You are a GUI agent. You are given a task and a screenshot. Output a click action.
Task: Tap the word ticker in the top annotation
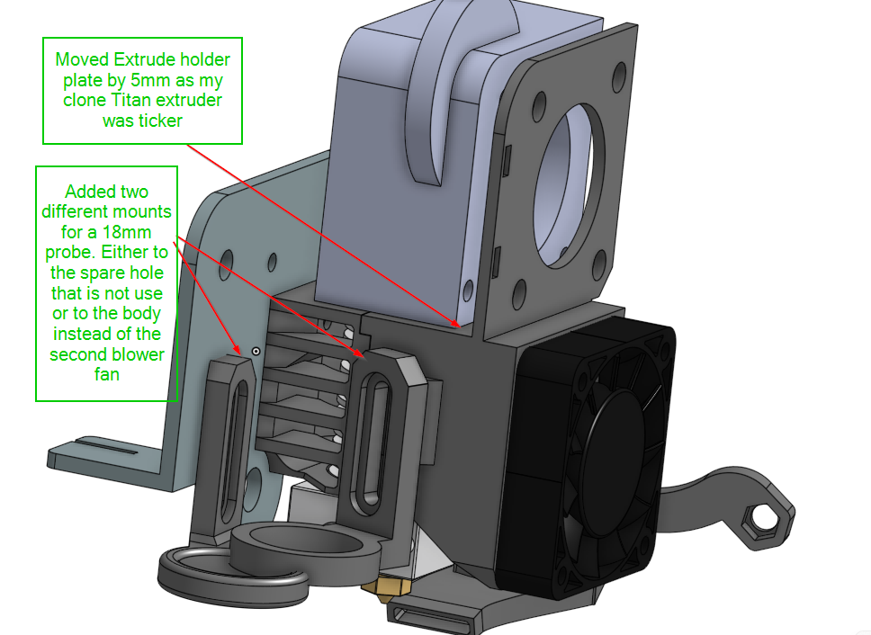[x=158, y=119]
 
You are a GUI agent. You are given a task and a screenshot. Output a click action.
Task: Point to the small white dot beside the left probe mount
[x=256, y=350]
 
